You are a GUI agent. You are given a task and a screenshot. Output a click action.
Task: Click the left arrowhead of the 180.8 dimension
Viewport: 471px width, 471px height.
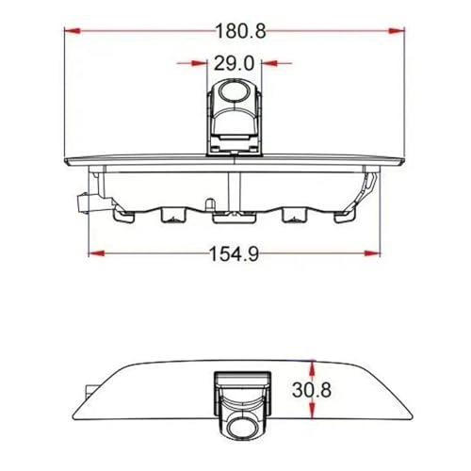[x=71, y=30]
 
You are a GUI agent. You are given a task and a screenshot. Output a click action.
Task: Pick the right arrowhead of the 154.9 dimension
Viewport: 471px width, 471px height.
[x=373, y=253]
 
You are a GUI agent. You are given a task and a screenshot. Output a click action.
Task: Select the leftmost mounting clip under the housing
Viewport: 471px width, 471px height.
[x=121, y=217]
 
